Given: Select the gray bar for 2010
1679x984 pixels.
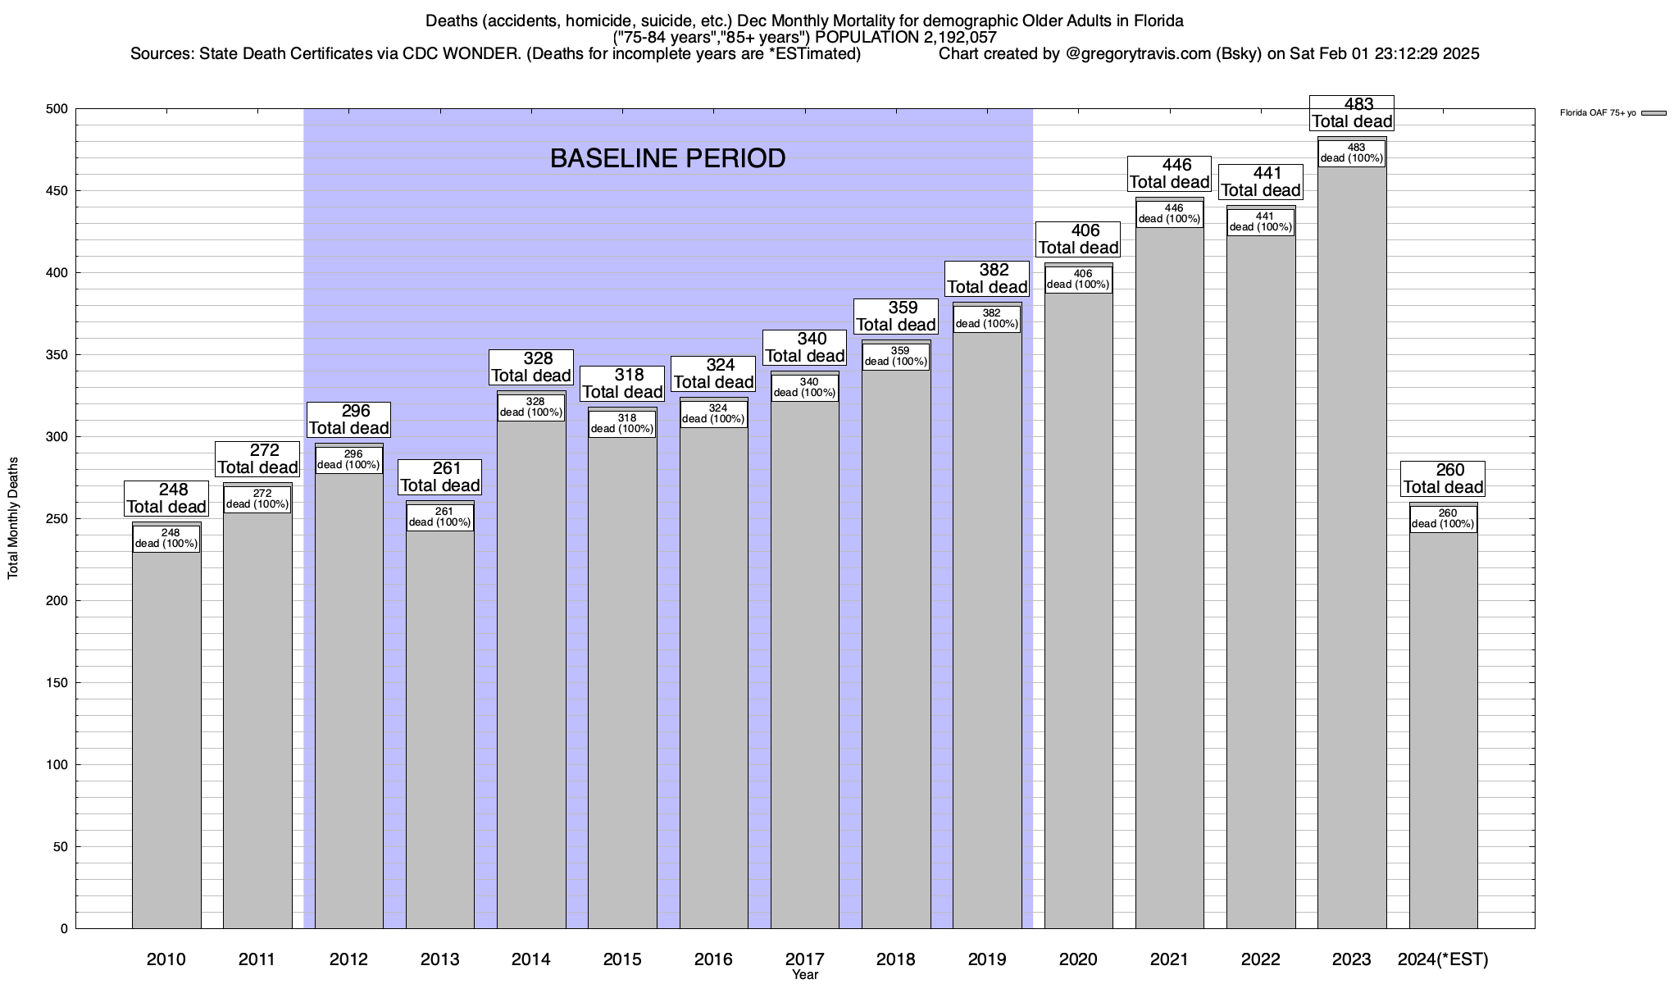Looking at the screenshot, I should [x=166, y=738].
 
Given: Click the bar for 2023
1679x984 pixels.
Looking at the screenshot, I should [x=1352, y=574].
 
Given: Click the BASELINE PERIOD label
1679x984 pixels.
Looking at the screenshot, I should [x=667, y=158].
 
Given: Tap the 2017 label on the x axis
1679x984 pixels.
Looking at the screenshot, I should [x=805, y=959].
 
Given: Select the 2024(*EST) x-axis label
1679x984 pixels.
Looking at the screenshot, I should [x=1443, y=959].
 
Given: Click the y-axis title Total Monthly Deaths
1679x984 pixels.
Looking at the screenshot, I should [x=13, y=518].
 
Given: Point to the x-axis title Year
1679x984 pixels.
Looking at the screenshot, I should [x=805, y=975].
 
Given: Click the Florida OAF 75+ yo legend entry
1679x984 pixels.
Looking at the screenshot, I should [x=1612, y=113].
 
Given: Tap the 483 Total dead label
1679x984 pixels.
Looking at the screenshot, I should [x=1352, y=113].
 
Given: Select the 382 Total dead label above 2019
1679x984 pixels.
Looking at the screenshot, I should [x=987, y=279].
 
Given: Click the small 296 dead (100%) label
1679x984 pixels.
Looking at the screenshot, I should [x=349, y=459].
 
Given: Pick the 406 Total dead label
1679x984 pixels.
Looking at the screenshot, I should [x=1079, y=239].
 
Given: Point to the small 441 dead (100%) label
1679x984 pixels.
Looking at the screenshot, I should [x=1261, y=221].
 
